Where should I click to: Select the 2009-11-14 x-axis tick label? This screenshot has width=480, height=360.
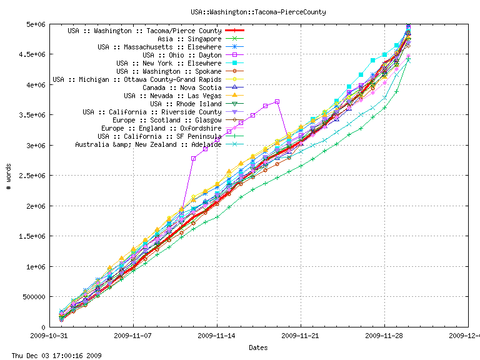point(216,335)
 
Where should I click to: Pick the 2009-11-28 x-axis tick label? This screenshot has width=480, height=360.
point(384,335)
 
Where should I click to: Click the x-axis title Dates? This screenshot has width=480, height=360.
point(258,347)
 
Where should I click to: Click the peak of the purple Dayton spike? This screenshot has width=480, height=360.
point(277,101)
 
